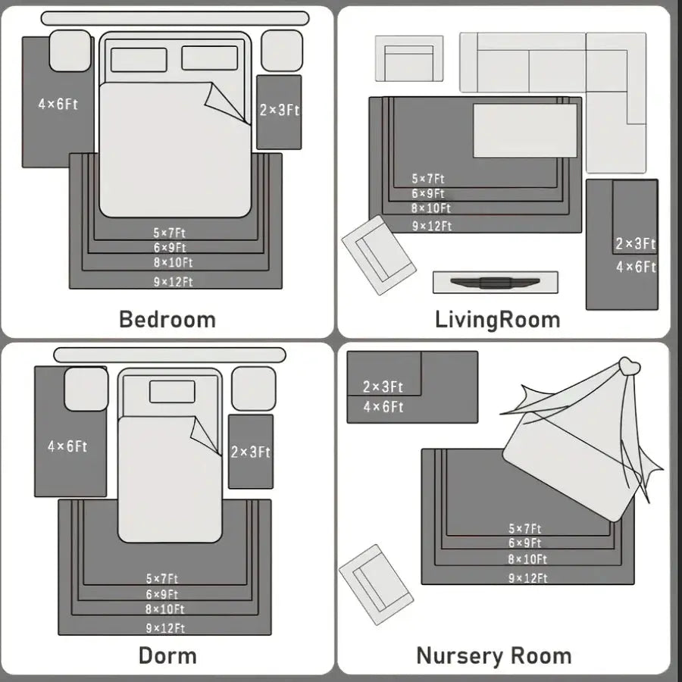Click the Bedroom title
tap(167, 319)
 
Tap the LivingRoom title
tap(498, 320)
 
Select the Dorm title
tap(167, 655)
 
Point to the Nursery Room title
tap(493, 656)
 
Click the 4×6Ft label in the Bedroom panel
tap(58, 104)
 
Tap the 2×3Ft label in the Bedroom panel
tap(280, 110)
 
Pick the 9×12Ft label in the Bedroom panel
tap(173, 282)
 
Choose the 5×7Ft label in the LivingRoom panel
tap(428, 179)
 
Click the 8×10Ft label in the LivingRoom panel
tap(431, 208)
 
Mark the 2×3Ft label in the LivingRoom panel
tap(636, 243)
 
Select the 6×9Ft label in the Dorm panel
tap(162, 594)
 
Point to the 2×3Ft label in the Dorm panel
tap(251, 452)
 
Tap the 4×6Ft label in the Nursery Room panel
tap(383, 407)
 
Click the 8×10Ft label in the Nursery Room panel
tap(527, 559)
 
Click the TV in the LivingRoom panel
tap(495, 283)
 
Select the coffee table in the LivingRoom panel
tap(525, 130)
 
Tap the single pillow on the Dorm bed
tap(172, 392)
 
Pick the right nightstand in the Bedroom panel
tap(282, 51)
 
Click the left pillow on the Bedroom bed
tap(139, 60)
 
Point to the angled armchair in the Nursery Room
tap(376, 584)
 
